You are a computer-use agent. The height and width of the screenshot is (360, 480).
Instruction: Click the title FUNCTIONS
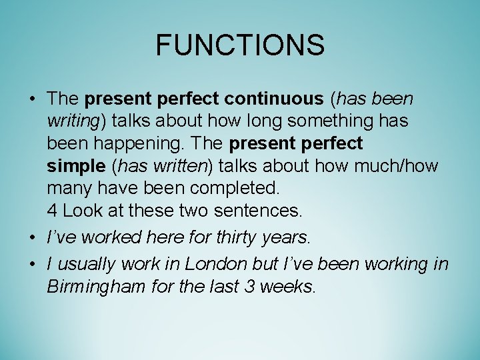click(240, 46)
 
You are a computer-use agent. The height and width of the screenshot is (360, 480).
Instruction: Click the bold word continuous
click(273, 99)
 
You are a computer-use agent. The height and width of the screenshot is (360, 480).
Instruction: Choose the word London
click(216, 264)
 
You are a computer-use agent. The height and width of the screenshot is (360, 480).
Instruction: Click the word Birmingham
click(97, 287)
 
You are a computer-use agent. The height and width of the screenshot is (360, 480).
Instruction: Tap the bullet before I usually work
click(32, 264)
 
